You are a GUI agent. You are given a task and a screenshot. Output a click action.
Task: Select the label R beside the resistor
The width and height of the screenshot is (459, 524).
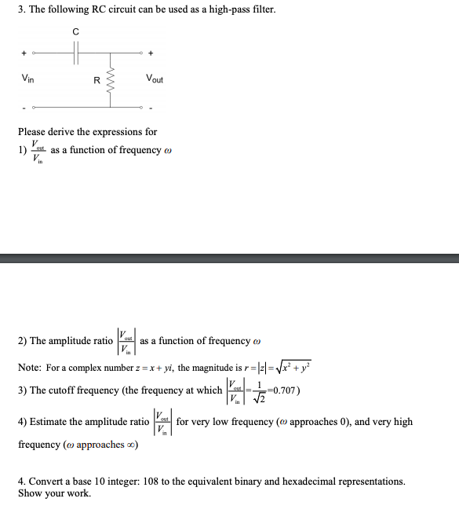tap(97, 79)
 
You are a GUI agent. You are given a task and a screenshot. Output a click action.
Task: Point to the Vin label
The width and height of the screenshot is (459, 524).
tap(27, 79)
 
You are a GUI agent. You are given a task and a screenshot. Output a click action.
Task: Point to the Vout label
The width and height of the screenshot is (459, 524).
tap(154, 79)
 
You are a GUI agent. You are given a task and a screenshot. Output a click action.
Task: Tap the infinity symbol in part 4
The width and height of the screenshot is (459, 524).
tap(131, 445)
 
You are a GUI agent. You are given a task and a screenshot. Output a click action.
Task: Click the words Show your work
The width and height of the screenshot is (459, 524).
tap(54, 493)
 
